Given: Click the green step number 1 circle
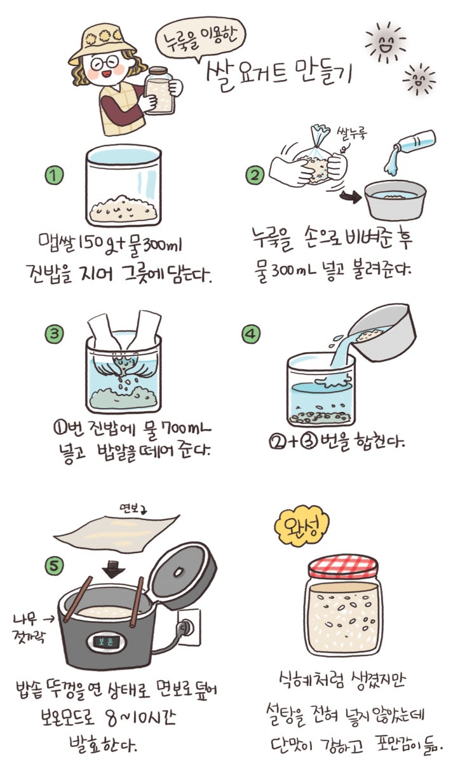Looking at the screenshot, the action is pyautogui.click(x=54, y=175).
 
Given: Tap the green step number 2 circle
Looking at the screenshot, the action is pyautogui.click(x=255, y=175).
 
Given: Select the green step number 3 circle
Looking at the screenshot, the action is pyautogui.click(x=54, y=334).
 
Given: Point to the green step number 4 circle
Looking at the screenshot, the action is pyautogui.click(x=251, y=334).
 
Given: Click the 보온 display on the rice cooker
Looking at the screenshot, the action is pyautogui.click(x=106, y=641).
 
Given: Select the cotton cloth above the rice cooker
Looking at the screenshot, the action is pyautogui.click(x=117, y=531).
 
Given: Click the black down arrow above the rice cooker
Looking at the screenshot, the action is pyautogui.click(x=113, y=569).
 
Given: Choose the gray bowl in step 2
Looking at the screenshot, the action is pyautogui.click(x=395, y=200).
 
